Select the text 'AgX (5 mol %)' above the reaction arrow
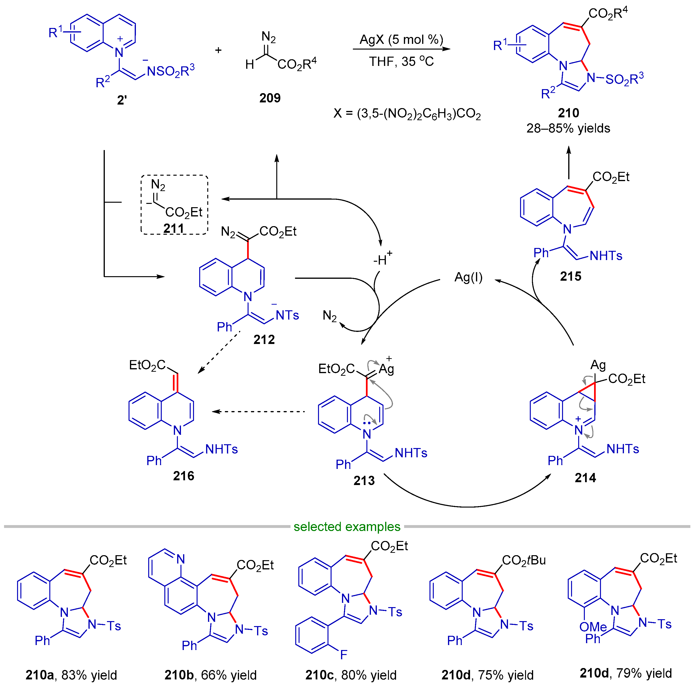pos(401,39)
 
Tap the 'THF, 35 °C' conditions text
pos(401,61)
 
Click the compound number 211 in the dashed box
pos(174,228)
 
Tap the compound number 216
pos(183,476)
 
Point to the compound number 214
pos(585,478)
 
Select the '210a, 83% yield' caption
pos(71,675)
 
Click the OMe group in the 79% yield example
pos(593,627)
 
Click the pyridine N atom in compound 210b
pos(181,559)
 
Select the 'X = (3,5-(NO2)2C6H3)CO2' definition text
pos(407,114)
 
